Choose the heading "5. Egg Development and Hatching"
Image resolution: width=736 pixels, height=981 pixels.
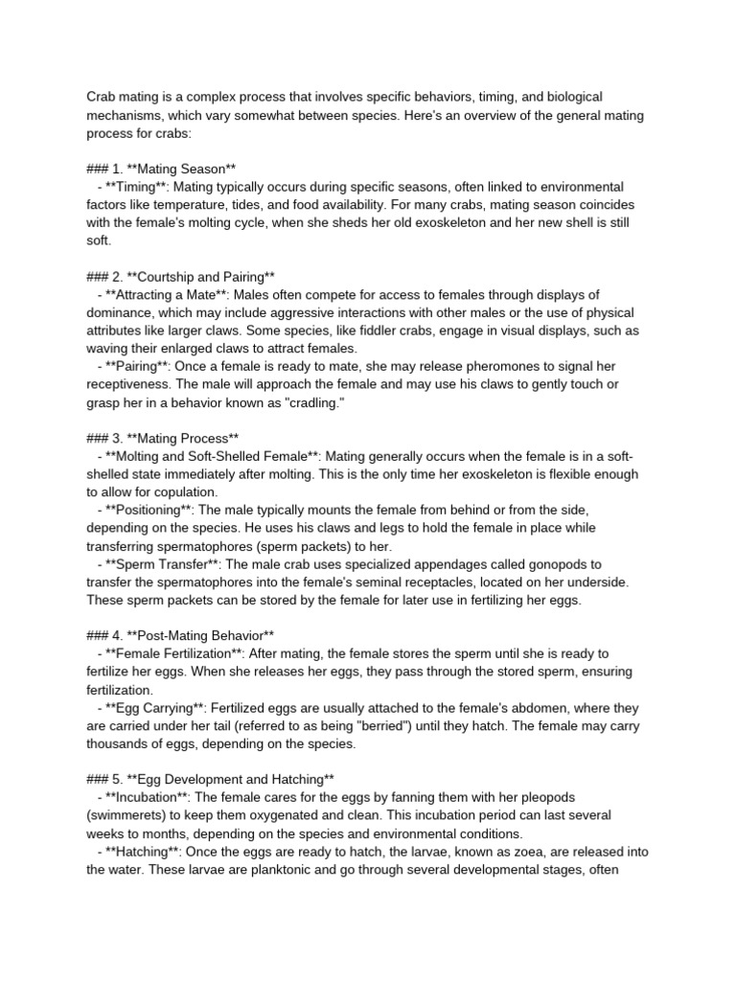coord(211,778)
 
